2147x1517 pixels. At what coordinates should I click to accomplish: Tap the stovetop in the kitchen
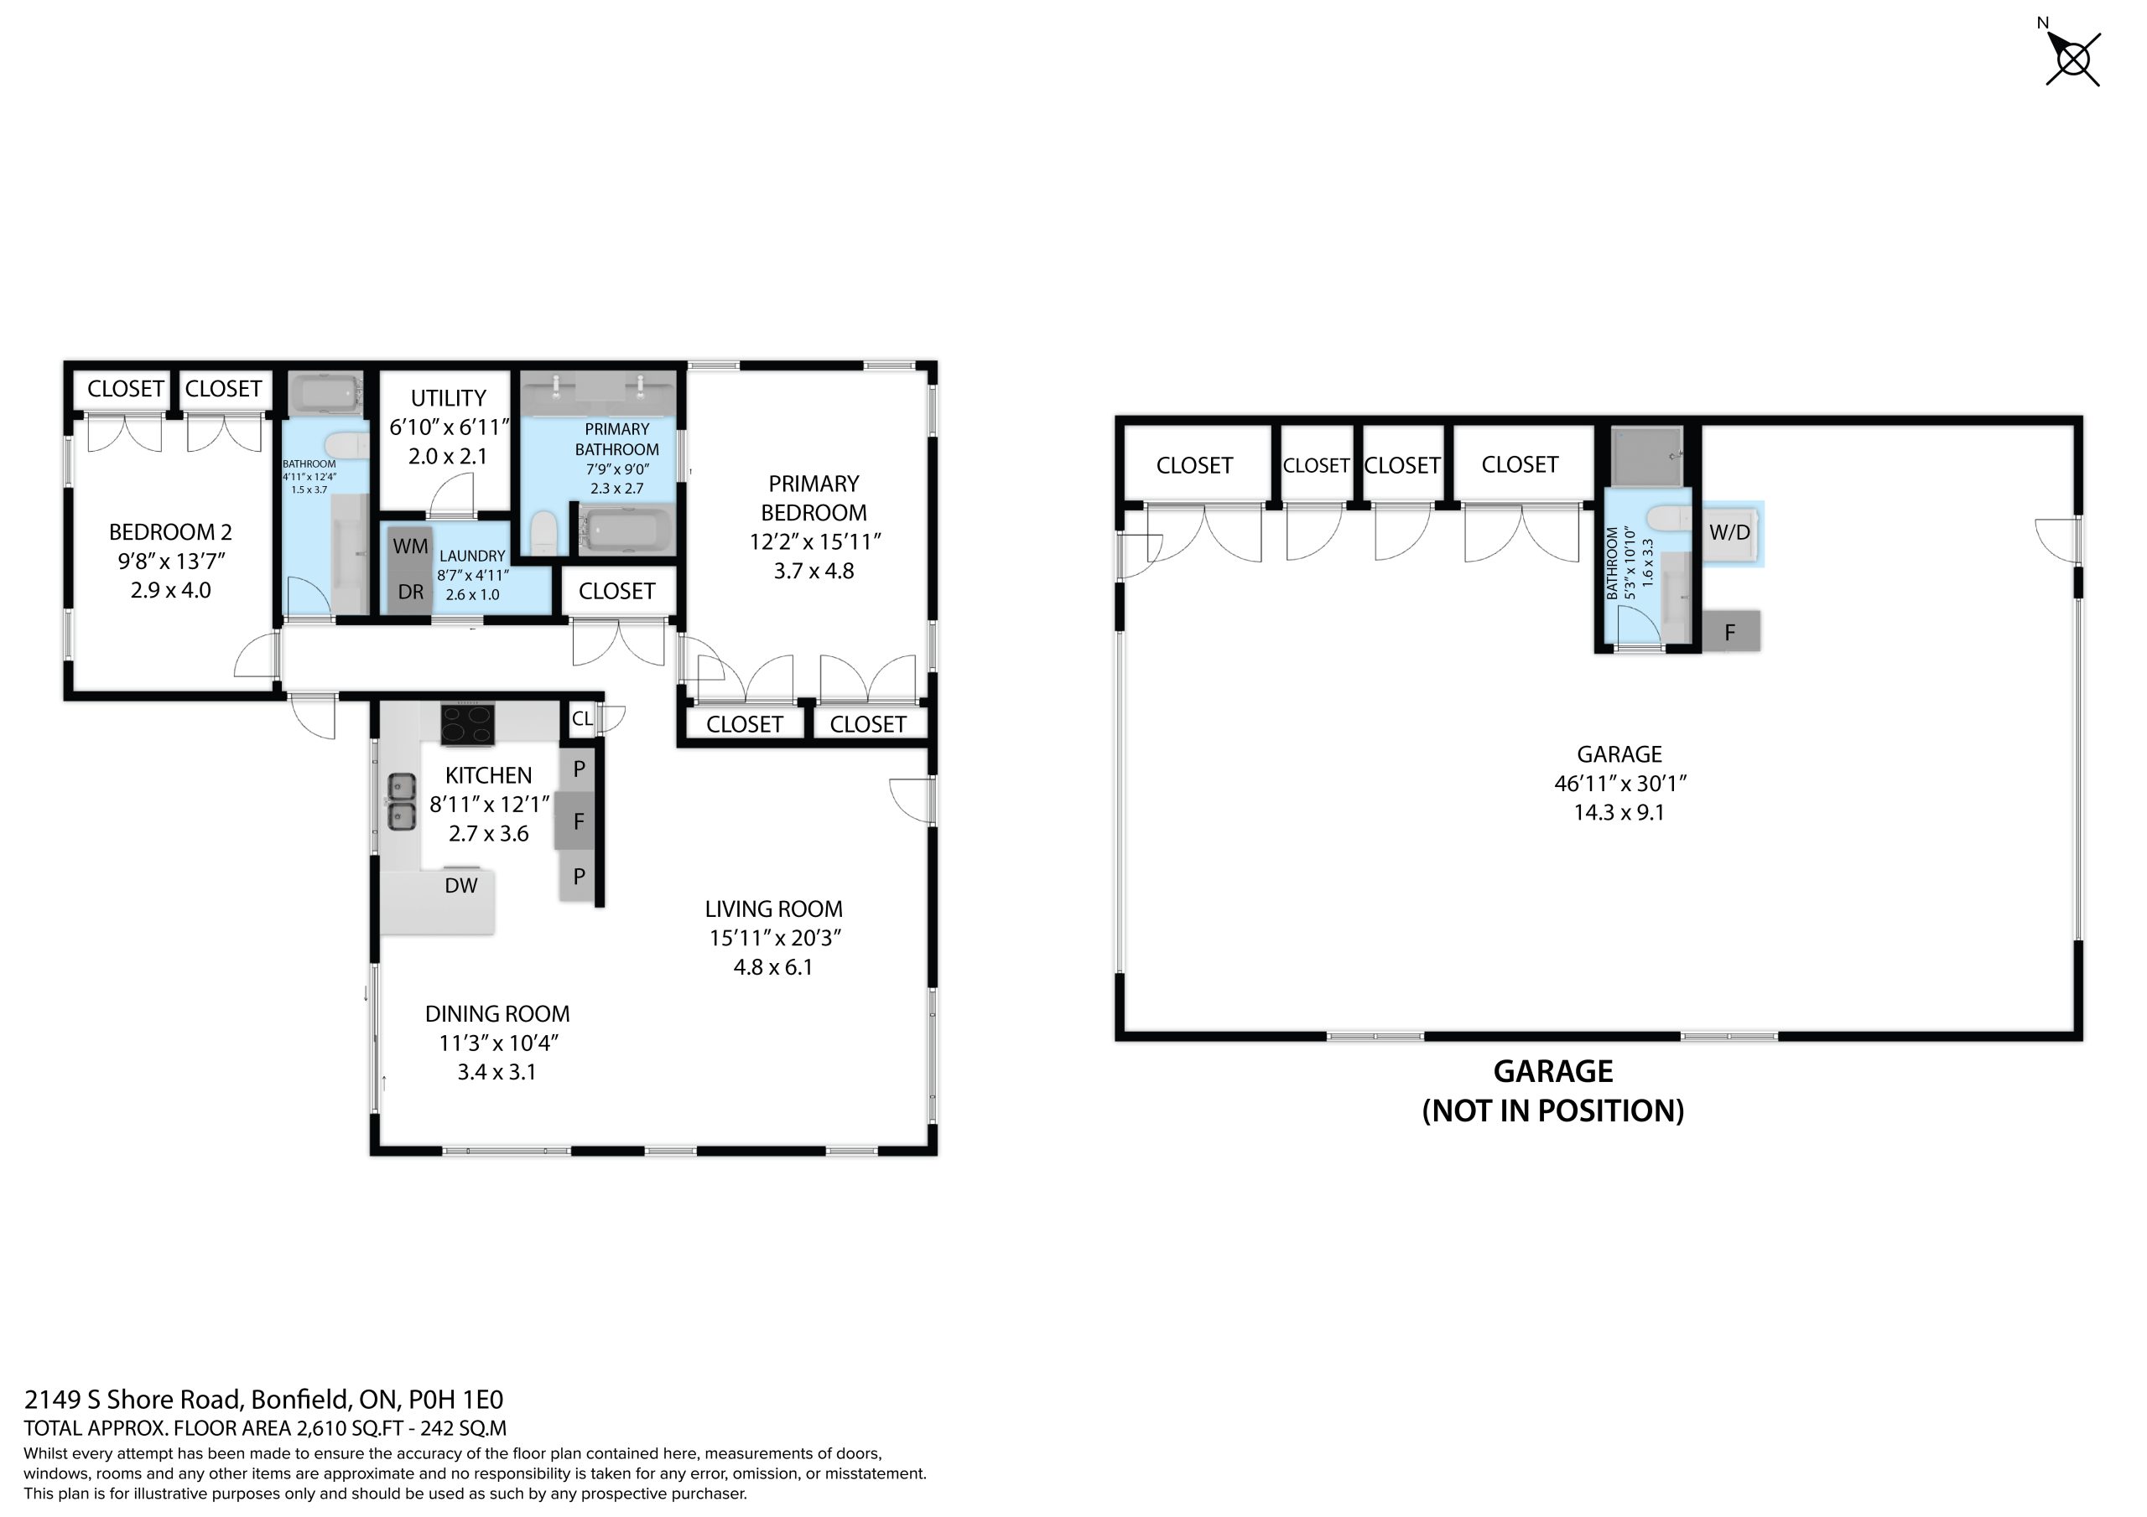467,724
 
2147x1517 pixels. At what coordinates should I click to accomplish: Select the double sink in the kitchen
402,802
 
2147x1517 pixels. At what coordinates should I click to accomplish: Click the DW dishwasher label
461,885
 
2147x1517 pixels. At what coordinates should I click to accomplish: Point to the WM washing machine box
410,546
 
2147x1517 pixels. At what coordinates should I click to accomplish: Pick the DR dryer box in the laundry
410,592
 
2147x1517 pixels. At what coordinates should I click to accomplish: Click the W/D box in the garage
1730,534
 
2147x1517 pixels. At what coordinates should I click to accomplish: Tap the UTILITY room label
449,398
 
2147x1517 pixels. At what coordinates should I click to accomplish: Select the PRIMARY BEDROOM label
814,498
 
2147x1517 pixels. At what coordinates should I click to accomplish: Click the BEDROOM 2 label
170,533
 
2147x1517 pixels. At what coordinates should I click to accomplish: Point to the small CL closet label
582,719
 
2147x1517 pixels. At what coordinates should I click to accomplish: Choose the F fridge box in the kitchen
578,822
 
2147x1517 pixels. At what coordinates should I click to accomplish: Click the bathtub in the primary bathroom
626,530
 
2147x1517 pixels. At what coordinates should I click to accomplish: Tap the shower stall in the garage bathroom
1646,456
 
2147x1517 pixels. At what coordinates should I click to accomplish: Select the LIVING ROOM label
773,909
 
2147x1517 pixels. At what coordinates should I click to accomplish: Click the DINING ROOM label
497,1014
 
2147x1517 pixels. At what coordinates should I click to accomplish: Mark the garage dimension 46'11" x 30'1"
1619,784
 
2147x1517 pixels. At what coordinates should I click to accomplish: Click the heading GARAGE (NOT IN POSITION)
1553,1090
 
